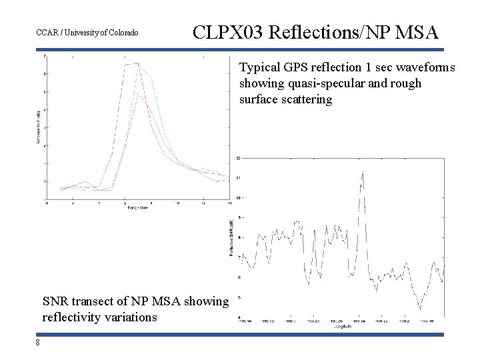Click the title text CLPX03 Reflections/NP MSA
click(315, 32)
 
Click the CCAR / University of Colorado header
click(87, 33)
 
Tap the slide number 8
click(39, 343)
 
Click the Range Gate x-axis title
click(137, 209)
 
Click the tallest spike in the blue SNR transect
click(362, 171)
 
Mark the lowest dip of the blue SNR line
click(419, 309)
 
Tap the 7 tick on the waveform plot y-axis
click(44, 57)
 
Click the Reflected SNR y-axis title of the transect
click(231, 237)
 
